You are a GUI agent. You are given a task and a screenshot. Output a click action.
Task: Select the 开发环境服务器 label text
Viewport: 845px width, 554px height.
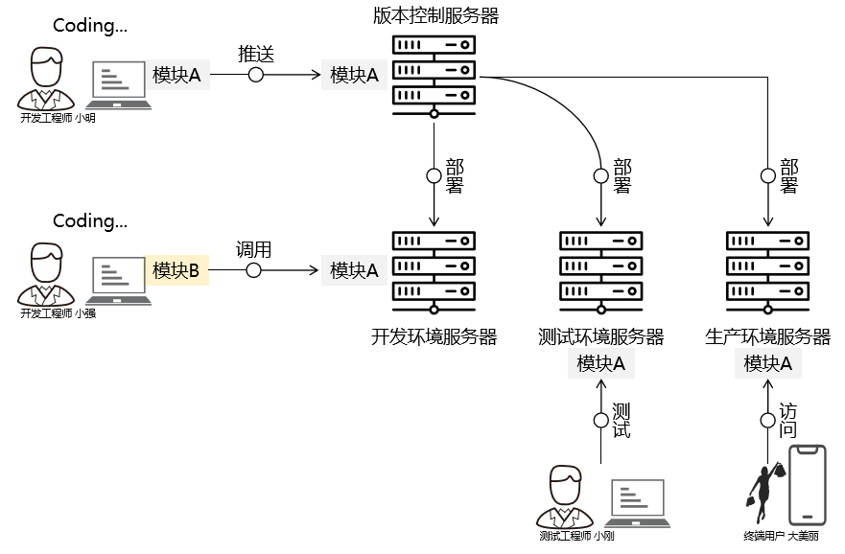point(434,336)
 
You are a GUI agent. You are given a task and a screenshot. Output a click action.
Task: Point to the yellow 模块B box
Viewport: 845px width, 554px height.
point(176,271)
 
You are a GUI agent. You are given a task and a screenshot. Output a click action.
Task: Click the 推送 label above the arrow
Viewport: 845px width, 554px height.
point(256,54)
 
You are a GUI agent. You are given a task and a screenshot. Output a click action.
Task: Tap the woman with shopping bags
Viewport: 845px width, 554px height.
point(764,494)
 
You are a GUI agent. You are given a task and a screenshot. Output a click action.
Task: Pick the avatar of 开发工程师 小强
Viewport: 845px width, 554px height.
point(44,275)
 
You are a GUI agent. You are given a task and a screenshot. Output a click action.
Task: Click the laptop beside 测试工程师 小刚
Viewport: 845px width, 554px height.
point(639,503)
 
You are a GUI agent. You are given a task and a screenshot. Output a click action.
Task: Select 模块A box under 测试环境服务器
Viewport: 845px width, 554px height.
point(601,364)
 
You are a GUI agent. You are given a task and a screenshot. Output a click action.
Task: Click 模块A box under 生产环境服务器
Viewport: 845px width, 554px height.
point(768,364)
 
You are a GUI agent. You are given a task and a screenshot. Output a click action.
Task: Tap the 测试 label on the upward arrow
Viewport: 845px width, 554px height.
point(621,420)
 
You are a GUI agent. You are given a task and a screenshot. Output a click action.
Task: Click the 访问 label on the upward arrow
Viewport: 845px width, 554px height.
point(787,420)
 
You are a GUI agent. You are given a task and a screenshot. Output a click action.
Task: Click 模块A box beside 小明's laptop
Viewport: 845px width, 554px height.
point(176,75)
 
